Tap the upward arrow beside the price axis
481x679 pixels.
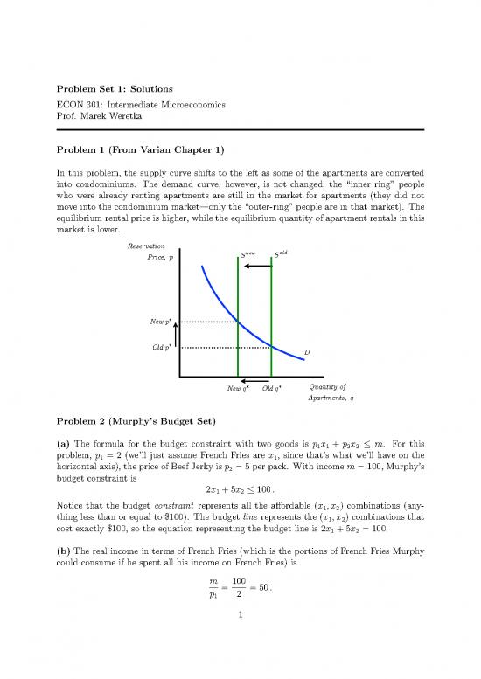click(x=176, y=335)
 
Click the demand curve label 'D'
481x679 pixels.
click(x=307, y=352)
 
